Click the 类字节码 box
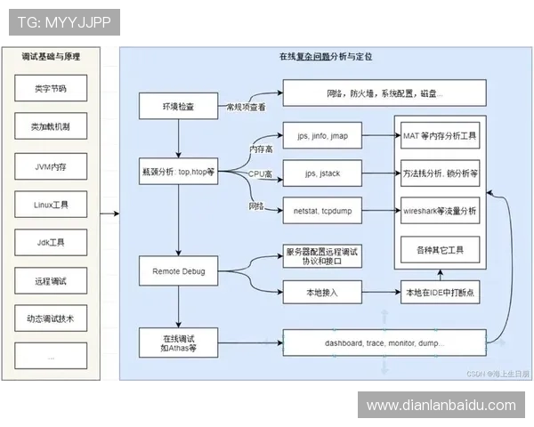(x=50, y=89)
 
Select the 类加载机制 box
(x=50, y=127)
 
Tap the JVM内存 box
(x=50, y=166)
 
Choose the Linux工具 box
(x=50, y=205)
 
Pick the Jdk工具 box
(x=50, y=243)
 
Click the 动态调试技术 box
(x=50, y=318)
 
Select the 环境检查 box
(x=178, y=107)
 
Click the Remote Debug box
(x=178, y=270)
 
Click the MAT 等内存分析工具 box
(x=441, y=137)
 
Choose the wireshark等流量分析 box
(x=441, y=212)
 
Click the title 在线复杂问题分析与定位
(x=325, y=56)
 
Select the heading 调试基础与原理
(x=51, y=56)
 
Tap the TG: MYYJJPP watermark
(x=63, y=21)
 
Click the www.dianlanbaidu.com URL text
(x=441, y=406)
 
